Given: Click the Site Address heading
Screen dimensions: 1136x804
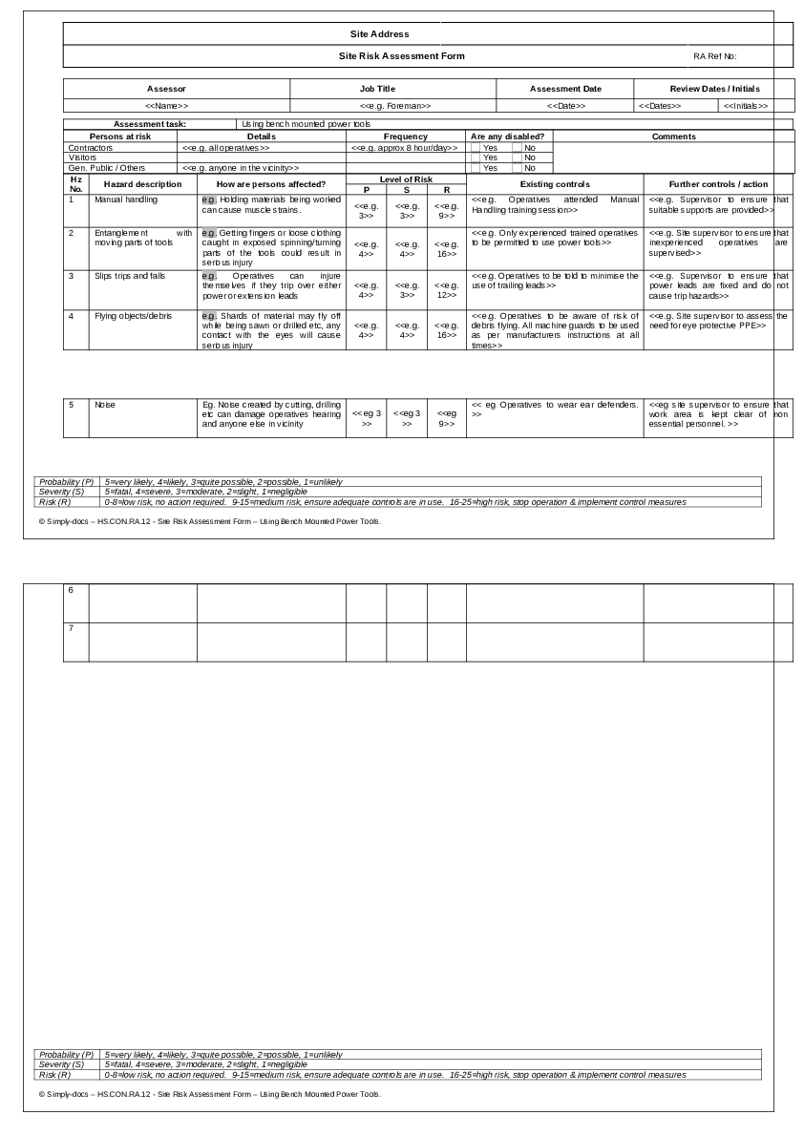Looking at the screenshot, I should [x=379, y=34].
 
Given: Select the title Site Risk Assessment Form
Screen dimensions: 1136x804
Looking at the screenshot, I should [x=402, y=56].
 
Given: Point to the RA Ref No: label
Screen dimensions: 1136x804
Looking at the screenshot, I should [x=715, y=56].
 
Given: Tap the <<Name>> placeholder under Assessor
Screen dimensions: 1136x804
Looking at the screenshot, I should [x=166, y=106].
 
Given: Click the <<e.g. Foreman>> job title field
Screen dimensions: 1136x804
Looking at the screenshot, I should [x=395, y=106].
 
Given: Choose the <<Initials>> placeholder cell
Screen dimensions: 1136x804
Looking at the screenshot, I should [x=745, y=106].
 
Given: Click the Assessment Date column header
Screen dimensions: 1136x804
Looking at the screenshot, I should [x=565, y=89].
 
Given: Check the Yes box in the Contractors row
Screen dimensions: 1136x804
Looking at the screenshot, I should [x=476, y=148].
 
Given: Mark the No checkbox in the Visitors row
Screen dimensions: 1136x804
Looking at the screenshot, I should [x=517, y=158].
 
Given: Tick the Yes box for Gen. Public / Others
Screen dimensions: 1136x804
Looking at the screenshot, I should [x=476, y=168].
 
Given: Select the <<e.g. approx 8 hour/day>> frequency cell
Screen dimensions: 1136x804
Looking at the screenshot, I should [x=405, y=148].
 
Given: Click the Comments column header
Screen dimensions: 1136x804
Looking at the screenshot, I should [x=673, y=137].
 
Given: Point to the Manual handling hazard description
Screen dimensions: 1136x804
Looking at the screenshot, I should [x=126, y=200].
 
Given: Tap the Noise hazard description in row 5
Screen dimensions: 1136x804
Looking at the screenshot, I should [x=104, y=405].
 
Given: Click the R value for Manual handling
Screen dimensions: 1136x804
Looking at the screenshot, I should [x=446, y=211].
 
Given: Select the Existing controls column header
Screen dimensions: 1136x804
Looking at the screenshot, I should [x=554, y=184].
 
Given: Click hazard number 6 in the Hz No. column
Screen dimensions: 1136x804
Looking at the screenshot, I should [x=71, y=590].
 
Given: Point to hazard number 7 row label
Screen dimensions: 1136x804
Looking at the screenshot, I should [x=71, y=628].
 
